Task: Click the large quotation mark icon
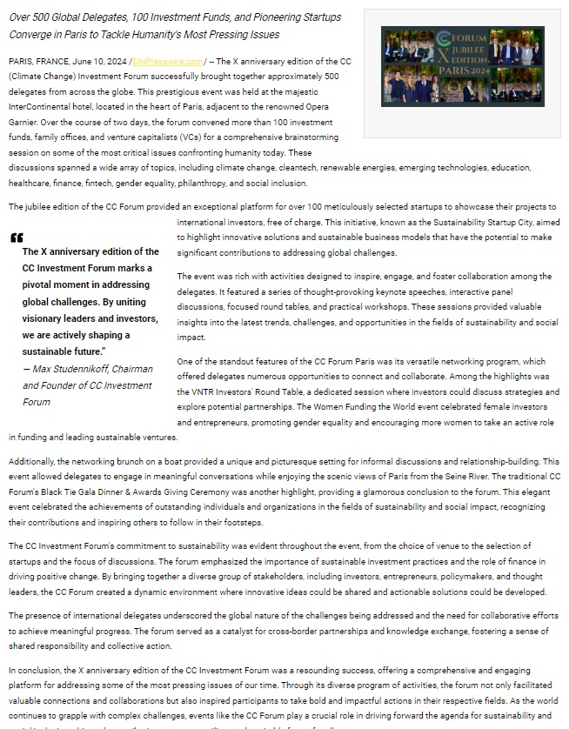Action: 17,238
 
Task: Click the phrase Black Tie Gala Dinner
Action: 84,491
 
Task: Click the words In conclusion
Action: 38,672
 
